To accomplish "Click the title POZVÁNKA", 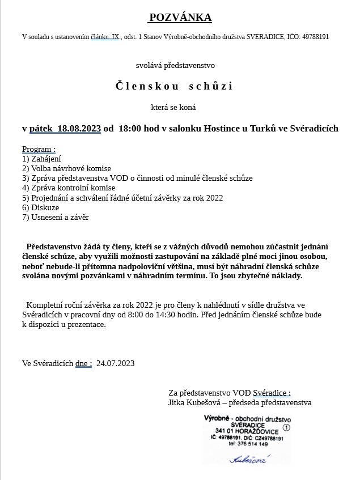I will (x=180, y=18).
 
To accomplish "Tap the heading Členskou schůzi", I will (x=174, y=86).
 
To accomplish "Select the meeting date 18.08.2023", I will (x=79, y=129).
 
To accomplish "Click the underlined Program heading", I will (x=39, y=149).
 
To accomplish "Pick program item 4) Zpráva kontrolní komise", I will (x=69, y=188).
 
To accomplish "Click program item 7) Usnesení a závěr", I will (x=56, y=217).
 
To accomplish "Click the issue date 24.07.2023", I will (x=116, y=363).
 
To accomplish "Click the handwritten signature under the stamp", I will (x=247, y=460).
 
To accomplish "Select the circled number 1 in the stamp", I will (x=286, y=427).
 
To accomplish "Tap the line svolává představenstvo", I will (x=175, y=66).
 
